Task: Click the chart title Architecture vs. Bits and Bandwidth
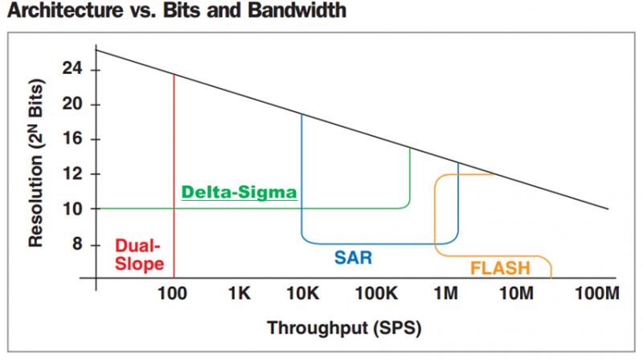coord(177,10)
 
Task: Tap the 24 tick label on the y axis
coord(72,68)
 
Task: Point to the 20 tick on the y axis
coord(72,104)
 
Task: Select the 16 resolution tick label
coord(72,138)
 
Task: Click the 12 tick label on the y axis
coord(72,174)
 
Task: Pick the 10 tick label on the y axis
coord(72,209)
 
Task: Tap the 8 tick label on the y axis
coord(77,244)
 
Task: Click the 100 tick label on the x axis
coord(172,293)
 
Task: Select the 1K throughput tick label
coord(240,293)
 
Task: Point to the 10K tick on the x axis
coord(303,293)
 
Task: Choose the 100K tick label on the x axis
coord(377,293)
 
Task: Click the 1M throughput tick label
coord(446,293)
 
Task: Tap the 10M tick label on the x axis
coord(517,293)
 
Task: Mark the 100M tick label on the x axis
coord(597,293)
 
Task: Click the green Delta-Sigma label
coord(239,192)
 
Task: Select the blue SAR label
coord(353,257)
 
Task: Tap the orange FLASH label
coord(500,268)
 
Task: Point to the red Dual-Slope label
coord(139,255)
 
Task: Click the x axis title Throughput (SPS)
coord(345,328)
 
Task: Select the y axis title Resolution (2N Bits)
coord(36,163)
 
